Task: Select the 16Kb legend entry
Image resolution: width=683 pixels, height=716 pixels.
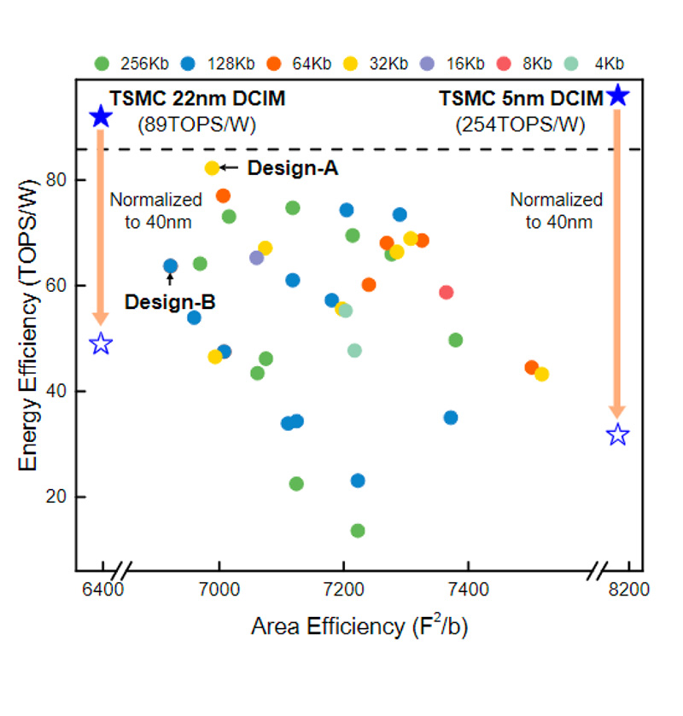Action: coord(452,63)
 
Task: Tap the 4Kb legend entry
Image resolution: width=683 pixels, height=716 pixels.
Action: coord(598,63)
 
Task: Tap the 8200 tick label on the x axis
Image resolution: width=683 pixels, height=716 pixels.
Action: coord(630,590)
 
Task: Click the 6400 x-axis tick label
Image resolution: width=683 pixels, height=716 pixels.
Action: coord(103,590)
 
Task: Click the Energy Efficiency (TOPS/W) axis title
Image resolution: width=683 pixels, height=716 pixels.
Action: coord(28,324)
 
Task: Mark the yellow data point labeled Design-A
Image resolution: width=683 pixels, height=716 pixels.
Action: coord(212,168)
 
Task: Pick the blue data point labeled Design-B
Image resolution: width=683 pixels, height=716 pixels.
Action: coord(170,266)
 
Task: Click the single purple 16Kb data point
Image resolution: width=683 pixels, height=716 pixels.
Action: coord(256,258)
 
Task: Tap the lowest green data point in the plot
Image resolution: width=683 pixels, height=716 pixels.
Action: coord(358,531)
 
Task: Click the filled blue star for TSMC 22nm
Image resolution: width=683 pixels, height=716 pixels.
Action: coord(101,117)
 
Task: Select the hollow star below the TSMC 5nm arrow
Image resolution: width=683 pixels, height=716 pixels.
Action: coord(617,435)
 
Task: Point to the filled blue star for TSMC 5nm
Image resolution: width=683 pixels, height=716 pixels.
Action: coord(617,95)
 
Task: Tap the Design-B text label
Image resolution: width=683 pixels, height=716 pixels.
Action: coord(170,301)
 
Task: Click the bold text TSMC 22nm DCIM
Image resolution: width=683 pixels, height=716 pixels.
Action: coord(197,99)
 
